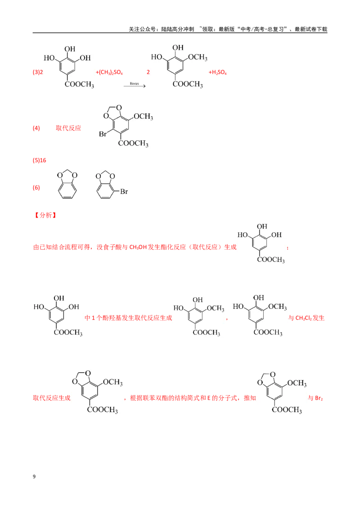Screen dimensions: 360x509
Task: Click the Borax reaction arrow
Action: click(135, 86)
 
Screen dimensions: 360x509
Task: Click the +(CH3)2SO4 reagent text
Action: click(109, 72)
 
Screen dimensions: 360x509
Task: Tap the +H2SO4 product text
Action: click(217, 72)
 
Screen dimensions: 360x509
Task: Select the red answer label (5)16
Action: click(39, 161)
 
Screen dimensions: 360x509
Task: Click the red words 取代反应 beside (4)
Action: click(68, 128)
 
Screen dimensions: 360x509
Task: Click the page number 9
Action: click(34, 477)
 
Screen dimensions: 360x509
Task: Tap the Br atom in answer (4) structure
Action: click(103, 134)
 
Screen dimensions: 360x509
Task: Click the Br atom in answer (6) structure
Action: click(124, 192)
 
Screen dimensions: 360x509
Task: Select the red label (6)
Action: click(36, 188)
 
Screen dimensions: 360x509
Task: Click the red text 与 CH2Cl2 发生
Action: click(306, 318)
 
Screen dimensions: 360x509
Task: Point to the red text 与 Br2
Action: click(315, 398)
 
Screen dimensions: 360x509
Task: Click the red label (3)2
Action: click(38, 72)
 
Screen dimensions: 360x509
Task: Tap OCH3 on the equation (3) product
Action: click(198, 58)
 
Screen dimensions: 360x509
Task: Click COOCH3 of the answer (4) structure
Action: click(133, 143)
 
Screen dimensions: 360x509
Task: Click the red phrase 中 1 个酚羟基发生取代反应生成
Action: click(128, 318)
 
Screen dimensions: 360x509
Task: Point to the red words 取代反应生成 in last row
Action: click(52, 398)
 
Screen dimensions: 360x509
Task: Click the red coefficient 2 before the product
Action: click(148, 72)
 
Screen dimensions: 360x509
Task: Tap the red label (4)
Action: click(36, 128)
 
